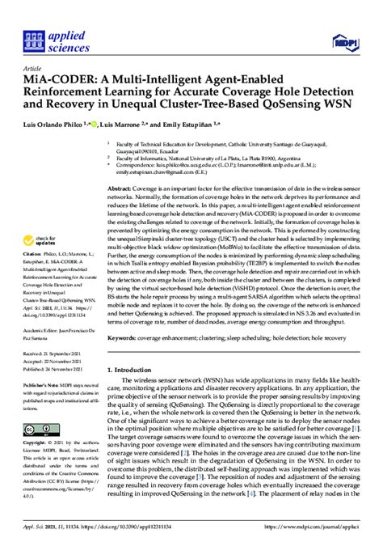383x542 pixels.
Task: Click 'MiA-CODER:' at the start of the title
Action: [64, 82]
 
